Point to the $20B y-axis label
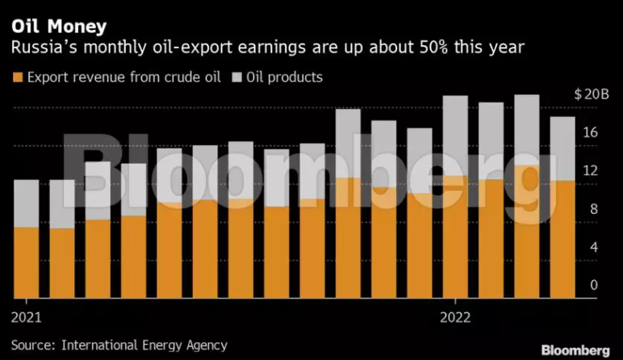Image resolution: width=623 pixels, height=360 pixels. (x=592, y=94)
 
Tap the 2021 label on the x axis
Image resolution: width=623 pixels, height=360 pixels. (x=27, y=315)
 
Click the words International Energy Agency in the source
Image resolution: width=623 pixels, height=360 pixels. (x=140, y=345)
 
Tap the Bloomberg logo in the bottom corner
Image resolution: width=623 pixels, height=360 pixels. (x=575, y=350)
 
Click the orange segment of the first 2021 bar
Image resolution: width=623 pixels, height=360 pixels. (x=27, y=262)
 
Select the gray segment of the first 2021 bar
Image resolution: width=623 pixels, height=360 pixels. (x=27, y=203)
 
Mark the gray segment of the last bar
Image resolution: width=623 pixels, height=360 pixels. (x=562, y=149)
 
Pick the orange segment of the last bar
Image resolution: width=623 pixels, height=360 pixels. (x=562, y=239)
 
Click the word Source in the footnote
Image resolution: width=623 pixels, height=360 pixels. (x=29, y=345)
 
